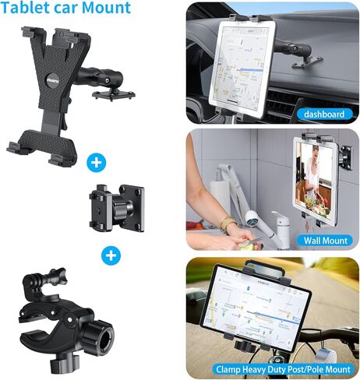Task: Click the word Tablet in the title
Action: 27,9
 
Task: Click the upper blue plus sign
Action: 96,163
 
